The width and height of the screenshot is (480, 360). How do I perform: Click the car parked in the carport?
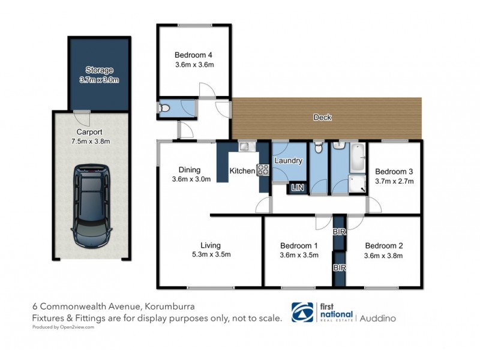pyautogui.click(x=91, y=206)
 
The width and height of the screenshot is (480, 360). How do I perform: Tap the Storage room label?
pyautogui.click(x=99, y=70)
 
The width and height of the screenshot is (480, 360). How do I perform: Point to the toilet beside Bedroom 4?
pyautogui.click(x=164, y=108)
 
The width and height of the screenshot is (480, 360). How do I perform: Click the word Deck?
pyautogui.click(x=322, y=118)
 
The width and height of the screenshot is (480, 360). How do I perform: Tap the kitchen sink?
pyautogui.click(x=245, y=146)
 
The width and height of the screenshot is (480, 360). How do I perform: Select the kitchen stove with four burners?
pyautogui.click(x=263, y=170)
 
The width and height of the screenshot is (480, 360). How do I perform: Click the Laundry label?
pyautogui.click(x=289, y=161)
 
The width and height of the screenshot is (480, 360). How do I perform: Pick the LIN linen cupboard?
pyautogui.click(x=297, y=188)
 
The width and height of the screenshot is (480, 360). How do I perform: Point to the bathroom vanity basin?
pyautogui.click(x=337, y=146)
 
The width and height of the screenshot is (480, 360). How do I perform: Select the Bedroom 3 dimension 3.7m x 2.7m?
pyautogui.click(x=394, y=180)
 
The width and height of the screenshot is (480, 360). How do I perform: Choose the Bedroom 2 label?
pyautogui.click(x=383, y=245)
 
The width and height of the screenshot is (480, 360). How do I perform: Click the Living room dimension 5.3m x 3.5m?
pyautogui.click(x=211, y=254)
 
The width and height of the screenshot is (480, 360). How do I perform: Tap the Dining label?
pyautogui.click(x=189, y=170)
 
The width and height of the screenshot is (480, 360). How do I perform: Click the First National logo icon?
pyautogui.click(x=302, y=312)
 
